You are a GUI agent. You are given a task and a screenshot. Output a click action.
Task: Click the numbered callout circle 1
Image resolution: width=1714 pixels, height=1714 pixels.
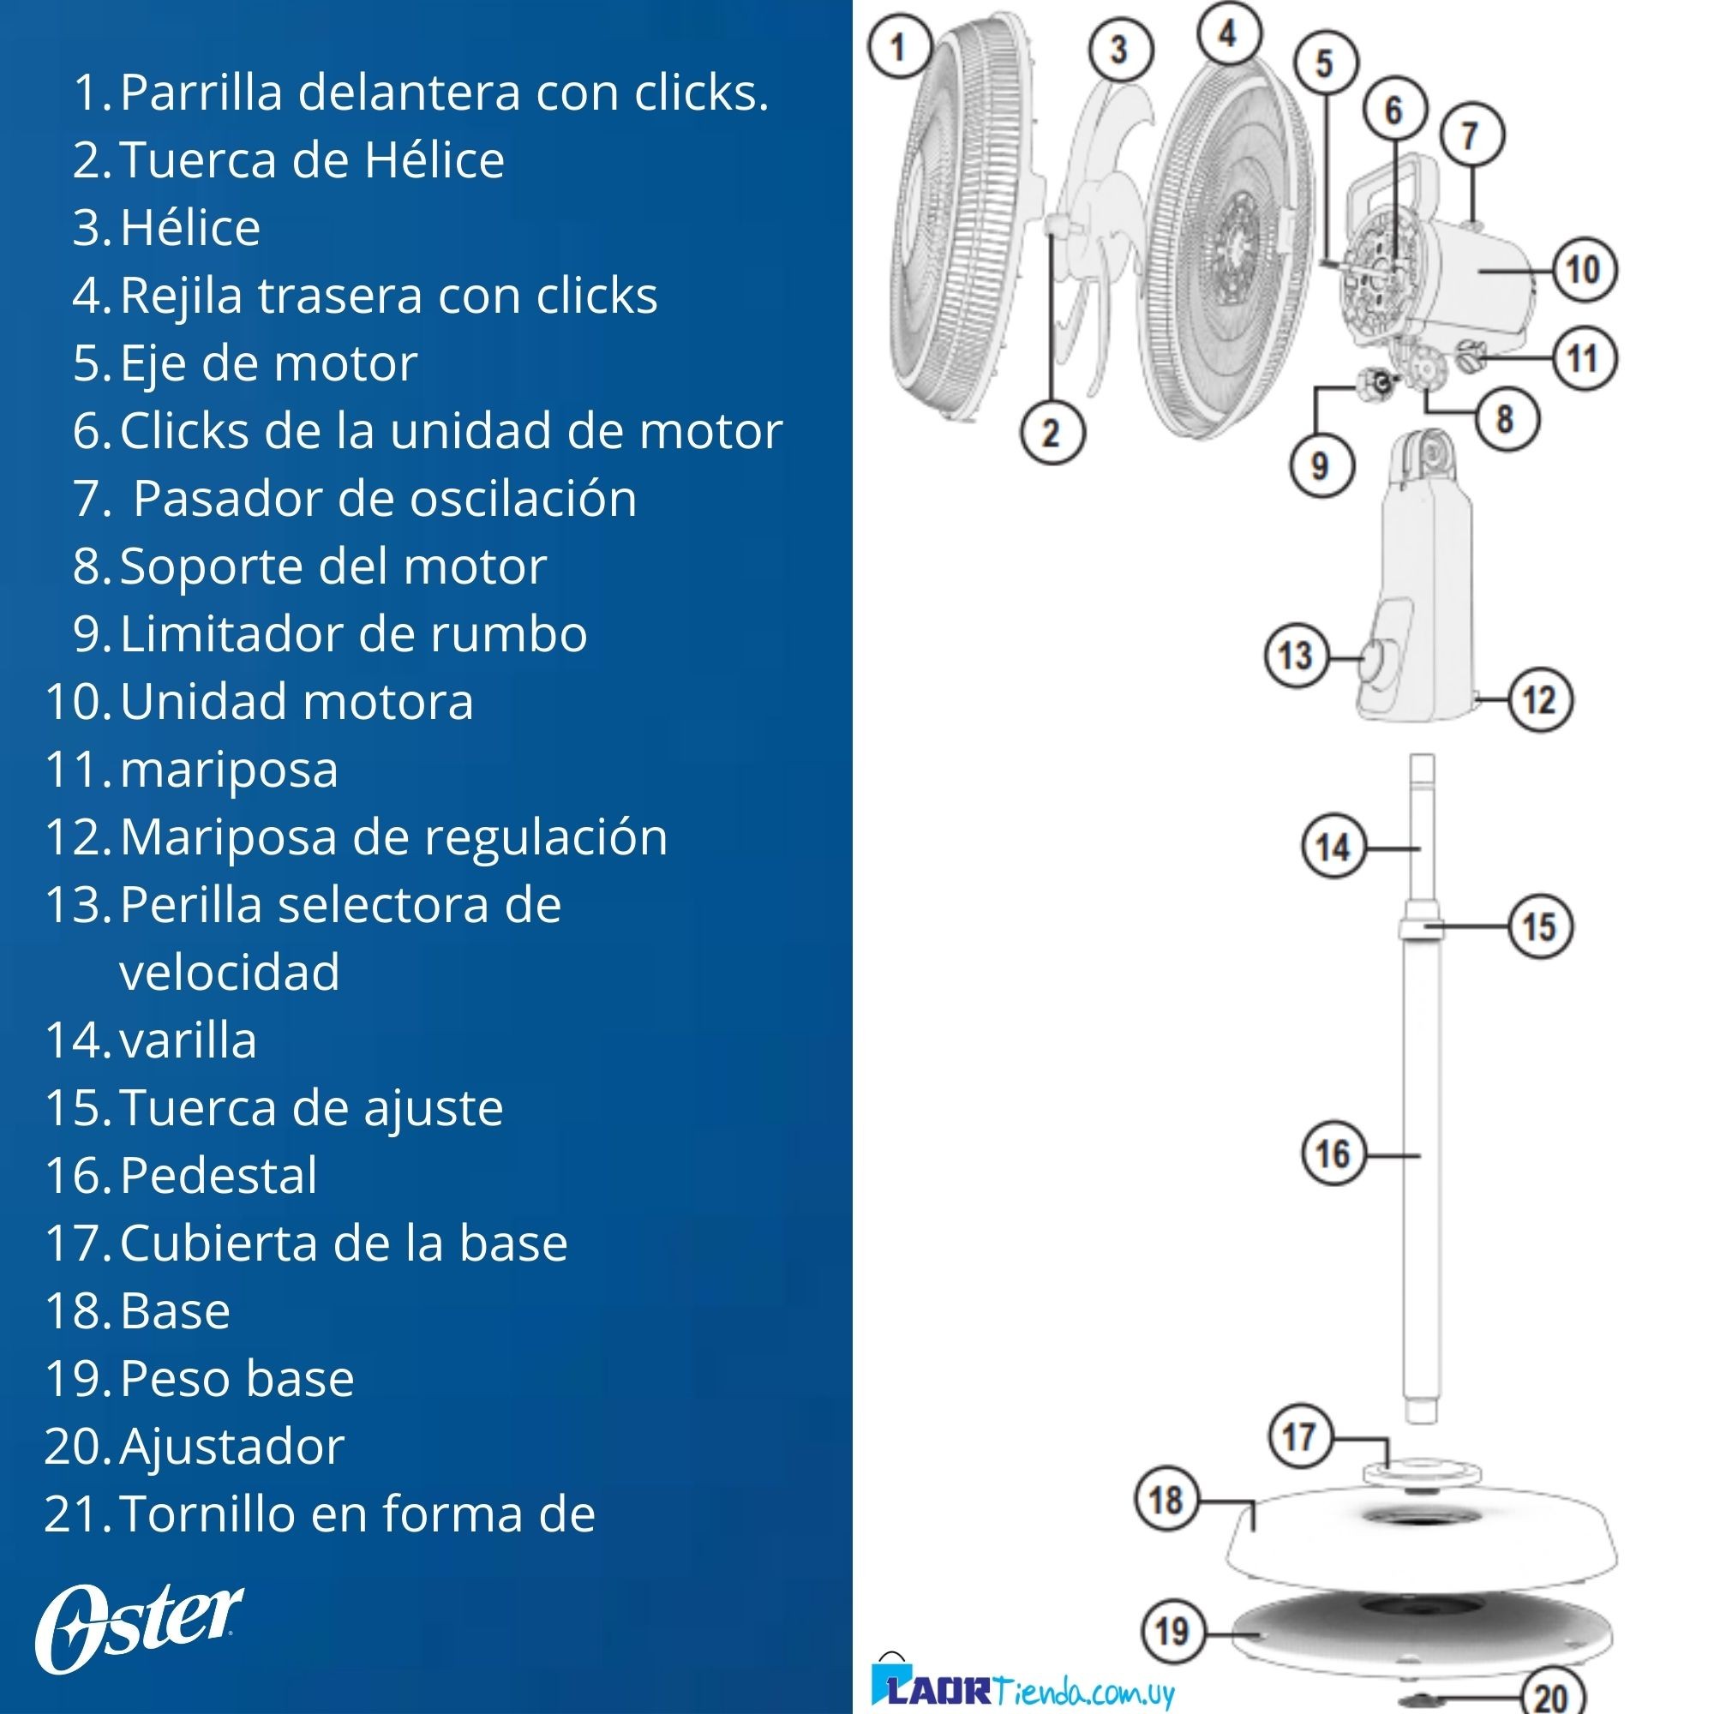[x=899, y=47]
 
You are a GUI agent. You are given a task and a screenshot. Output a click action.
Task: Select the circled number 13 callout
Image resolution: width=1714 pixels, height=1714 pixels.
[x=1296, y=656]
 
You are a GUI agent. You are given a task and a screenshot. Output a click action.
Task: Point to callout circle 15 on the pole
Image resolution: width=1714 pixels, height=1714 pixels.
[x=1540, y=927]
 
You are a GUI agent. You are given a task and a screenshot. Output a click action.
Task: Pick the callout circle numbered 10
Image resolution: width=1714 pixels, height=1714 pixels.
[x=1584, y=269]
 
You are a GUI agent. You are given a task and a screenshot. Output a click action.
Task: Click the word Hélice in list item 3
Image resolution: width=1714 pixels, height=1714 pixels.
[x=190, y=228]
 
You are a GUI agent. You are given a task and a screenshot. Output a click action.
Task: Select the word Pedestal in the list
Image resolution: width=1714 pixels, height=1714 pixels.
[x=219, y=1176]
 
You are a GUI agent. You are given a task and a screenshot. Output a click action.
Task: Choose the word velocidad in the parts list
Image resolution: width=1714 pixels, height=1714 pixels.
[x=230, y=973]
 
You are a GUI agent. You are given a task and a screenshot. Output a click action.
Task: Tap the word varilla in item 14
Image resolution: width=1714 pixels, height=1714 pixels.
[x=188, y=1040]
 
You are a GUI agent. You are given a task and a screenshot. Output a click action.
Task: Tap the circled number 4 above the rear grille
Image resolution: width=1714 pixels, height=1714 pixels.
[x=1229, y=33]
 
